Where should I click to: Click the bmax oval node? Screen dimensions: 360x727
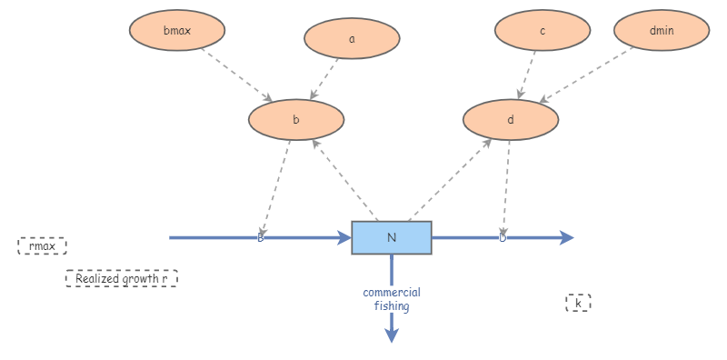coord(176,31)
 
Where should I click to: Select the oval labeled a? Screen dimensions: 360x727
coord(352,39)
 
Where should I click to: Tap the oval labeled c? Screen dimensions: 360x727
coord(543,31)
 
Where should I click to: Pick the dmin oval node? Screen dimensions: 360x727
coord(662,31)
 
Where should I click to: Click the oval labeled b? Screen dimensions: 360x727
coord(295,119)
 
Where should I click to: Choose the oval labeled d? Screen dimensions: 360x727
coord(511,119)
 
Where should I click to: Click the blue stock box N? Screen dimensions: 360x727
coord(392,237)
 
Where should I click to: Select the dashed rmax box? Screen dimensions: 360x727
coord(42,245)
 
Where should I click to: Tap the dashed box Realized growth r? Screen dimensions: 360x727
coord(121,278)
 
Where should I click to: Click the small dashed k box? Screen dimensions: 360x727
coord(578,303)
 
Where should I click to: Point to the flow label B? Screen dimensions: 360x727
coord(261,237)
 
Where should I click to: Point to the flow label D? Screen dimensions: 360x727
coord(503,237)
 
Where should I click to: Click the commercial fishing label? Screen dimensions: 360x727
coord(392,299)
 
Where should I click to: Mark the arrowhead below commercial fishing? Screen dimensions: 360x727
coord(392,335)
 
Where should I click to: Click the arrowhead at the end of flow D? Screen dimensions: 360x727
coord(567,237)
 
